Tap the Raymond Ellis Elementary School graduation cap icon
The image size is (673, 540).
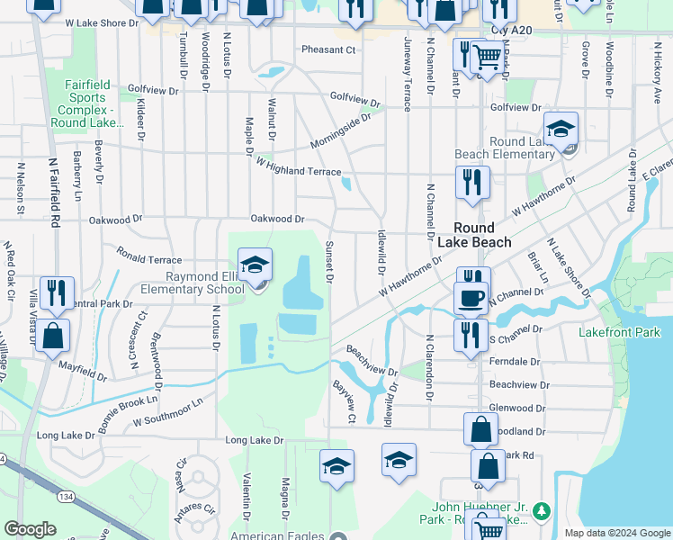click(255, 265)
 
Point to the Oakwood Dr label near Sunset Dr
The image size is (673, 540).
click(277, 219)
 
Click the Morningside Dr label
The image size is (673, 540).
click(341, 131)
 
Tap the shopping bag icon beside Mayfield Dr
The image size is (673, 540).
click(53, 335)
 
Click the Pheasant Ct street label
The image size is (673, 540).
click(329, 49)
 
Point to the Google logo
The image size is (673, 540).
click(30, 529)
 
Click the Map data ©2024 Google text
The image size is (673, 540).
click(617, 533)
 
